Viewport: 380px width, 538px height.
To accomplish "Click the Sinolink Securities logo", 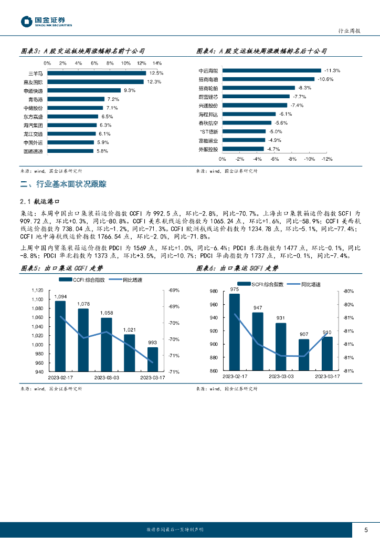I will click(x=46, y=22).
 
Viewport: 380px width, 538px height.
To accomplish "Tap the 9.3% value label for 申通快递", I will click(x=129, y=90).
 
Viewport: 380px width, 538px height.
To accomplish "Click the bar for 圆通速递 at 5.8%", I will click(x=70, y=151).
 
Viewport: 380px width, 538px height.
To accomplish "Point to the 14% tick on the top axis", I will click(x=156, y=63).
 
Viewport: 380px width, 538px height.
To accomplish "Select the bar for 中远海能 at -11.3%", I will click(x=272, y=70).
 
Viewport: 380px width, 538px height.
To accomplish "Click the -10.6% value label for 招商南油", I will click(x=325, y=79).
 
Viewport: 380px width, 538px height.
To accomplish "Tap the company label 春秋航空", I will click(x=208, y=123).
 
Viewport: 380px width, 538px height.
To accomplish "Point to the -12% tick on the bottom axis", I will click(x=326, y=159).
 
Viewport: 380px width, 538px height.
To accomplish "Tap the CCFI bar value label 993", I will click(x=152, y=342).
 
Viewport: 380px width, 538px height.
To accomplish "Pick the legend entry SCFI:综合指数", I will click(x=266, y=284).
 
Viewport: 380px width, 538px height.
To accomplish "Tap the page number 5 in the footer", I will click(x=366, y=530).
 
